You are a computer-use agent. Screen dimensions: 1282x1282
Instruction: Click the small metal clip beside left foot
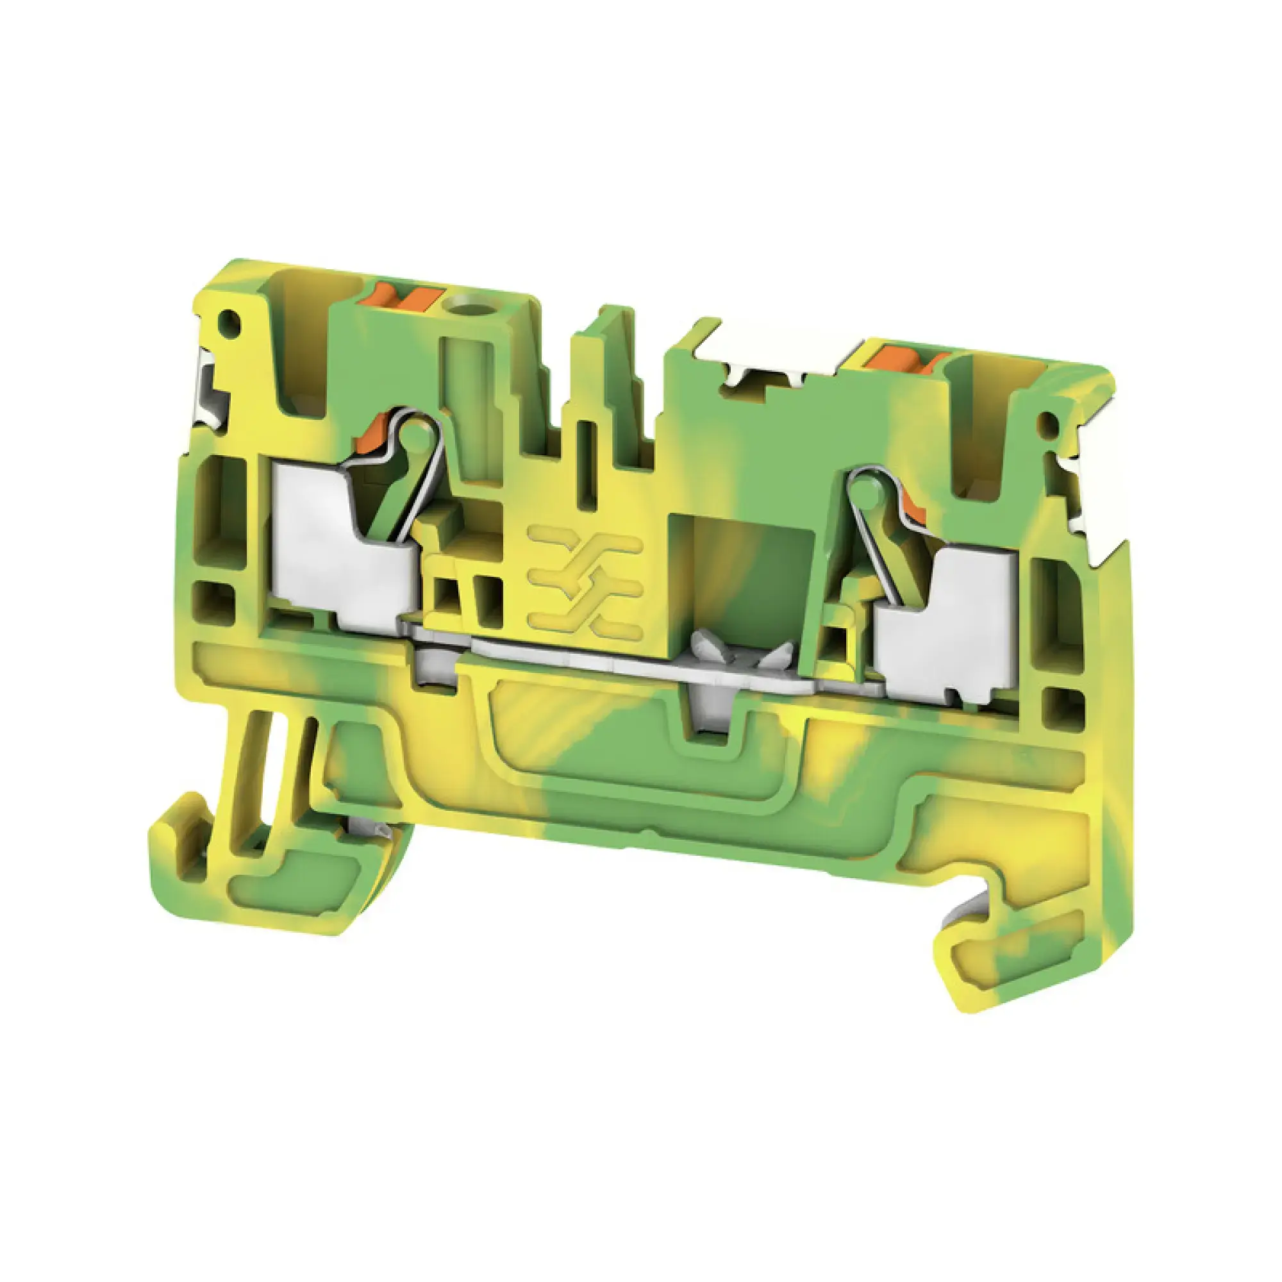coord(369,826)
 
